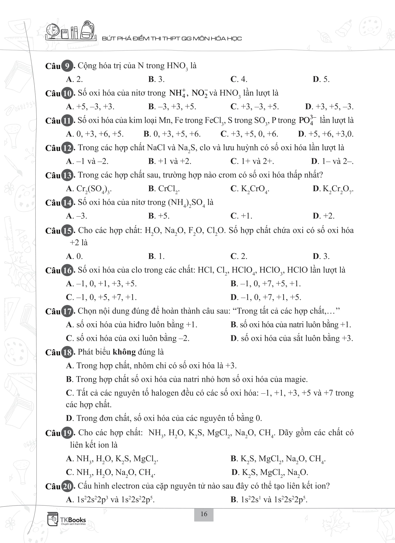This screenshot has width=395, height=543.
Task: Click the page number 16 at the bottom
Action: click(204, 514)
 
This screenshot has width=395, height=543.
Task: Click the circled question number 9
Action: click(67, 66)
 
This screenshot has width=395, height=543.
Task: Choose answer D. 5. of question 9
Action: click(321, 79)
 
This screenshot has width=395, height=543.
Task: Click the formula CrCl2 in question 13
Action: click(169, 189)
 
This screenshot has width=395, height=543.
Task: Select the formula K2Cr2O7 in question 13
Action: click(338, 189)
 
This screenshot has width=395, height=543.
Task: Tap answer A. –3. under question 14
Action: click(77, 216)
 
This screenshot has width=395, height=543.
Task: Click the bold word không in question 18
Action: click(124, 352)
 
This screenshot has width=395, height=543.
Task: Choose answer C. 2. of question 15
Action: click(239, 256)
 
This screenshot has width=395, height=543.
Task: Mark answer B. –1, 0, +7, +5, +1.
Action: click(266, 284)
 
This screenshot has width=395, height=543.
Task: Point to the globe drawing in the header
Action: click(52, 31)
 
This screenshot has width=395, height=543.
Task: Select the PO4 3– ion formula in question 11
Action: click(307, 120)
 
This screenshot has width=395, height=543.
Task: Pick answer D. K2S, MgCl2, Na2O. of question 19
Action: click(270, 472)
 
